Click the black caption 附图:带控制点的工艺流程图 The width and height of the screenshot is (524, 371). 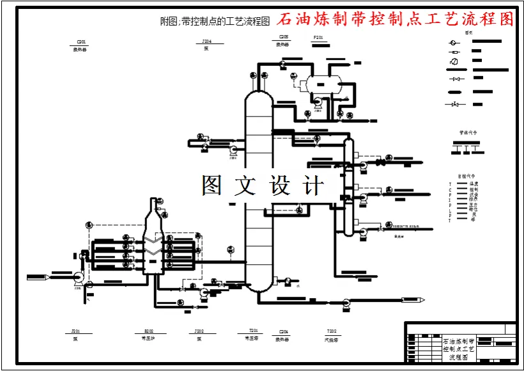point(215,21)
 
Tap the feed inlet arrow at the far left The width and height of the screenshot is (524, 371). point(38,277)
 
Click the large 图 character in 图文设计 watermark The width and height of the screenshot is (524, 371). point(213,186)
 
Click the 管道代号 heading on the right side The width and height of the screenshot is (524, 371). point(468,132)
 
